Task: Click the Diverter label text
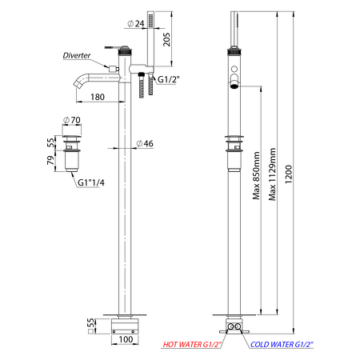[x=77, y=55]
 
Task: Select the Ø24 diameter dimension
[x=136, y=23]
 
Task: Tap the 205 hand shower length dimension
[x=166, y=39]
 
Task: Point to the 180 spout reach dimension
[x=98, y=97]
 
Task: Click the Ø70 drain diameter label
[x=72, y=120]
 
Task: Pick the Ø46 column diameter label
[x=145, y=143]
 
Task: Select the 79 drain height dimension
[x=50, y=160]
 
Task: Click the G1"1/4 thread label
[x=91, y=182]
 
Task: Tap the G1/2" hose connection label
[x=169, y=79]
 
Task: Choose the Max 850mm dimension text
[x=256, y=176]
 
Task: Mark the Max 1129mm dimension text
[x=272, y=174]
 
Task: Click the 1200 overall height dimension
[x=289, y=174]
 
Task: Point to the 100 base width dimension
[x=126, y=339]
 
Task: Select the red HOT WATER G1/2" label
[x=192, y=345]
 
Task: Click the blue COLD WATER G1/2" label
[x=282, y=345]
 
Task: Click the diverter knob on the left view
[x=114, y=69]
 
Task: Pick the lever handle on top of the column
[x=111, y=47]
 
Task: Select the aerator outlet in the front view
[x=234, y=86]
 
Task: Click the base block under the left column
[x=125, y=326]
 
